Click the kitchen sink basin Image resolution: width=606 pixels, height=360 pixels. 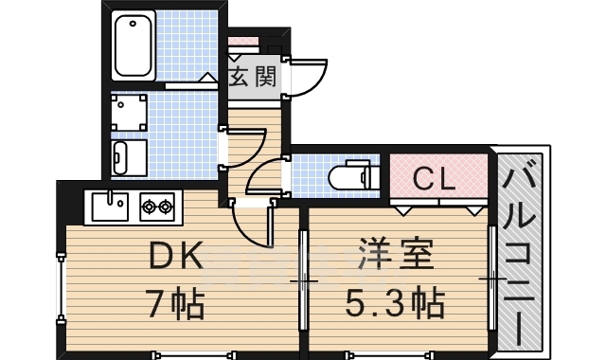111,206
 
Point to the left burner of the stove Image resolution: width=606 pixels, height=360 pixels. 150,205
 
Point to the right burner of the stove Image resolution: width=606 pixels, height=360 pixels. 166,205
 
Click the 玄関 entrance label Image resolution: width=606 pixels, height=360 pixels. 254,77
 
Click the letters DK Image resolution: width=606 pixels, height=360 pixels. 174,257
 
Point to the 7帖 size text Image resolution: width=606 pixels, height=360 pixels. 174,304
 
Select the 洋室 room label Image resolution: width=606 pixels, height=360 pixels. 396,257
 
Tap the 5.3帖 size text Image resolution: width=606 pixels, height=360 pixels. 396,304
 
